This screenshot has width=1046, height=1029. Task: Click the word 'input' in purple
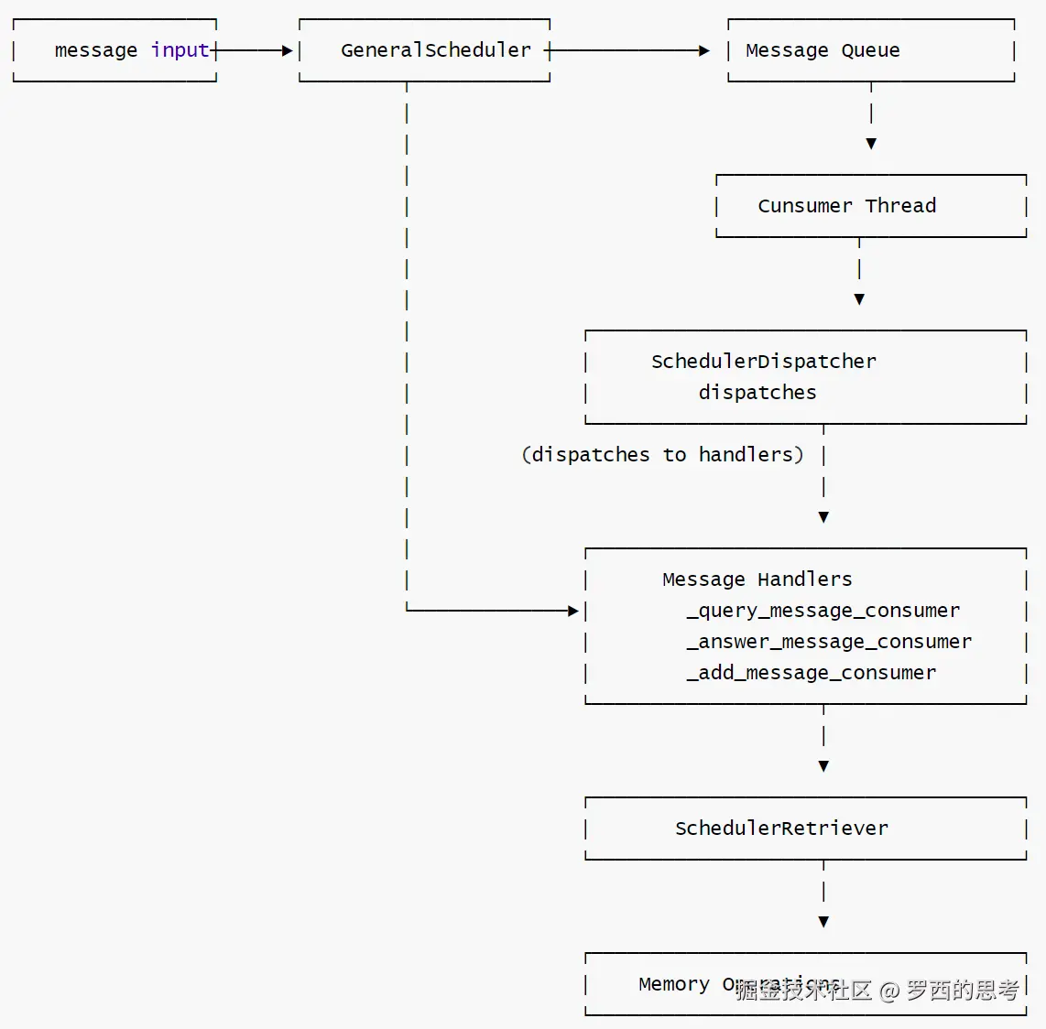pyautogui.click(x=180, y=50)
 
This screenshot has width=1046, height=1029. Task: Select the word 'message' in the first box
pyautogui.click(x=95, y=50)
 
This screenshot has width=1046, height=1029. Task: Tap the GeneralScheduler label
pyautogui.click(x=435, y=50)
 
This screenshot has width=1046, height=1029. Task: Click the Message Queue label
pyautogui.click(x=823, y=50)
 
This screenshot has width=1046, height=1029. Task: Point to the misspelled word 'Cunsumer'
pyautogui.click(x=804, y=206)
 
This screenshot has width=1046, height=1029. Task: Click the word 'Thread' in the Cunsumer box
pyautogui.click(x=900, y=206)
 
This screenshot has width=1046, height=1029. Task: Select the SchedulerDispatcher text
pyautogui.click(x=763, y=362)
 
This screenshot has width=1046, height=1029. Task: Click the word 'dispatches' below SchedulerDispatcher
pyautogui.click(x=757, y=393)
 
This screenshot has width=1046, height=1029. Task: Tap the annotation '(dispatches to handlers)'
pyautogui.click(x=662, y=455)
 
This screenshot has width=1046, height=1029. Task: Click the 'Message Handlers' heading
pyautogui.click(x=757, y=579)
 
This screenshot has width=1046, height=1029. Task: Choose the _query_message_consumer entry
pyautogui.click(x=823, y=611)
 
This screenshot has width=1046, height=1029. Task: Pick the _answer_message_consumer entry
pyautogui.click(x=829, y=642)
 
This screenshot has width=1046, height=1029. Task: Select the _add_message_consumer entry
pyautogui.click(x=811, y=673)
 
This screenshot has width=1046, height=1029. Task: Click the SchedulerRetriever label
pyautogui.click(x=781, y=829)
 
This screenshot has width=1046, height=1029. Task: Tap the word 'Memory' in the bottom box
pyautogui.click(x=673, y=984)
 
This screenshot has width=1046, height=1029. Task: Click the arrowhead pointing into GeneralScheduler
pyautogui.click(x=288, y=51)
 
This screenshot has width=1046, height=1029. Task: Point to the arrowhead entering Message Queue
pyautogui.click(x=704, y=51)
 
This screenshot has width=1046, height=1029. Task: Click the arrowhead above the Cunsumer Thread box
pyautogui.click(x=871, y=144)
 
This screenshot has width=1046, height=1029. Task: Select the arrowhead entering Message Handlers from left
pyautogui.click(x=573, y=611)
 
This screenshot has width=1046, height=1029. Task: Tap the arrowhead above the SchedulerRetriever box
pyautogui.click(x=823, y=766)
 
